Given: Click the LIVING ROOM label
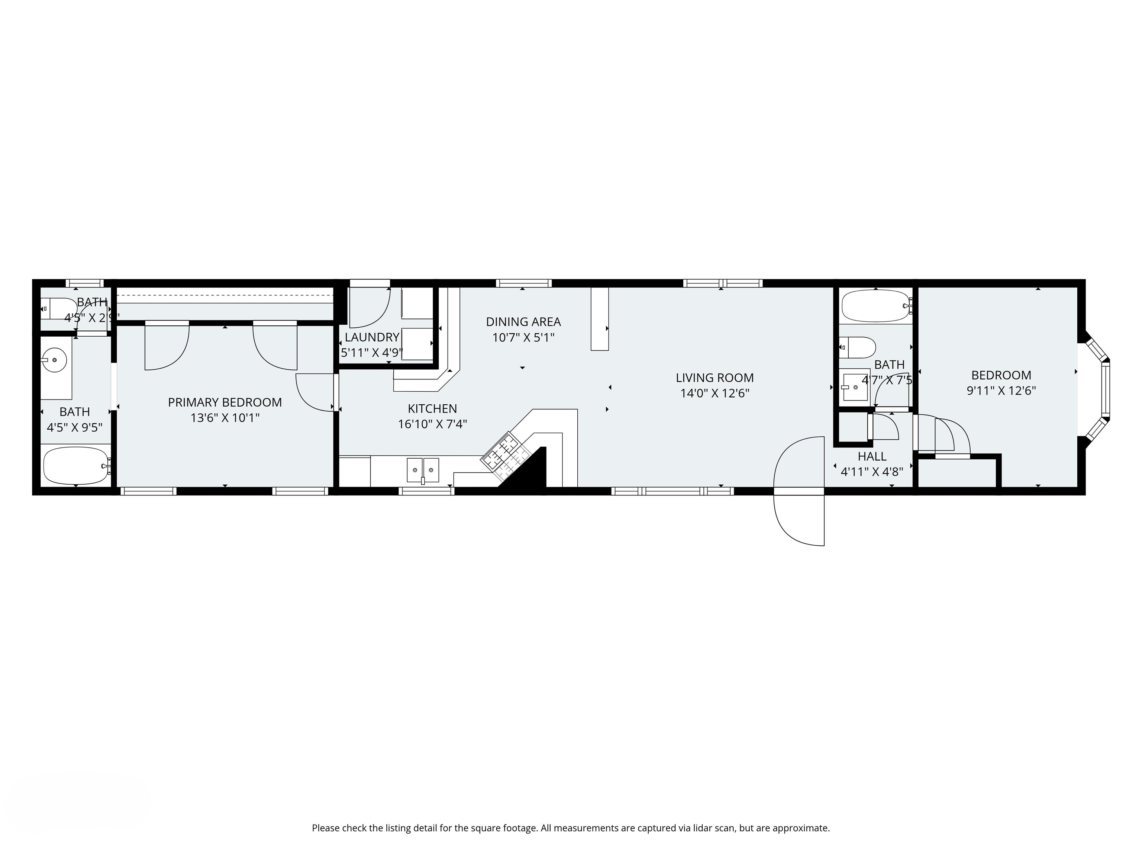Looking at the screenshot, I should coord(714,378).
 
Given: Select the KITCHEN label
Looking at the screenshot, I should coord(432,409).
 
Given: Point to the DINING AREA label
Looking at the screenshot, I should coord(523,322).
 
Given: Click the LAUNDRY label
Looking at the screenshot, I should coord(372,337).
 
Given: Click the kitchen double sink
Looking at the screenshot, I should coord(423,469).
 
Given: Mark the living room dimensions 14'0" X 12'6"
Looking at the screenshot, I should coord(714,393).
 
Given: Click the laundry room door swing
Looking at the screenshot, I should coord(371,310).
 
